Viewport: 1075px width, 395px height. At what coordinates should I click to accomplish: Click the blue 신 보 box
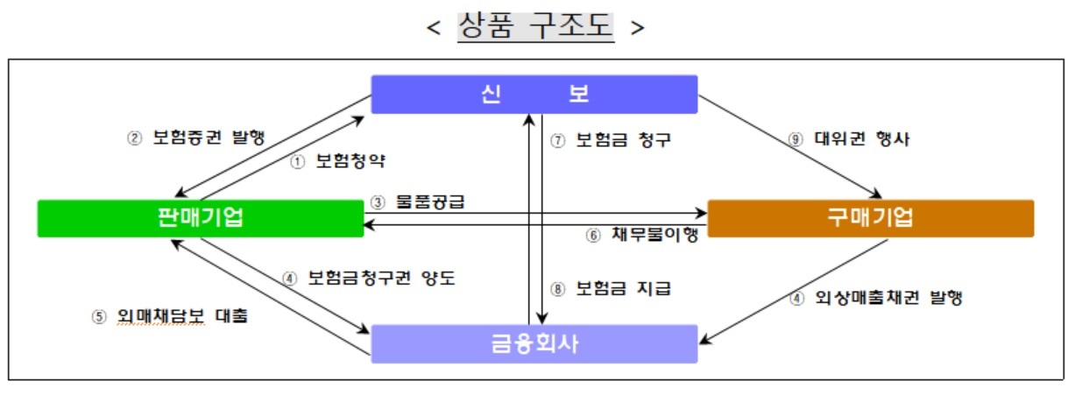[x=534, y=94]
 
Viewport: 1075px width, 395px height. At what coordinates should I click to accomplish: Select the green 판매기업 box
[x=201, y=218]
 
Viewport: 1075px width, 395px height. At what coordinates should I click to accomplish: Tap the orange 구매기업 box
[x=871, y=218]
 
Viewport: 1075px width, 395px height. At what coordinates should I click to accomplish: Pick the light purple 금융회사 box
[x=534, y=343]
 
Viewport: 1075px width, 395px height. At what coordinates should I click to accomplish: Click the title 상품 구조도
[x=535, y=26]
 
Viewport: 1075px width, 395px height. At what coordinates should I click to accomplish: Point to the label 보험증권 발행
[x=209, y=138]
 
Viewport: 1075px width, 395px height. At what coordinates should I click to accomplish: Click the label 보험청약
[x=350, y=161]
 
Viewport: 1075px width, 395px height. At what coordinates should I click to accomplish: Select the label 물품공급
[x=430, y=201]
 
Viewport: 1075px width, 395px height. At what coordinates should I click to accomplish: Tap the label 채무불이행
[x=654, y=234]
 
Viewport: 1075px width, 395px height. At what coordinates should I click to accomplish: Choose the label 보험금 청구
[x=623, y=140]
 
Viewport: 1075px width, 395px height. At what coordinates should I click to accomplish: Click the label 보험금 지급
[x=623, y=288]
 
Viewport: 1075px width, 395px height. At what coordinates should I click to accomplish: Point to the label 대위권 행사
[x=862, y=138]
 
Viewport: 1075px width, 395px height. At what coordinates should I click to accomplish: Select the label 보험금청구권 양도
[x=381, y=278]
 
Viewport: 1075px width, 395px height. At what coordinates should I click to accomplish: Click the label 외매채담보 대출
[x=182, y=316]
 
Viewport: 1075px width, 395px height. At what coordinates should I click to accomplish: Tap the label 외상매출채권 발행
[x=888, y=298]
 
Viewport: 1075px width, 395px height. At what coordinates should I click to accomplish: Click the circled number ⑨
[x=796, y=139]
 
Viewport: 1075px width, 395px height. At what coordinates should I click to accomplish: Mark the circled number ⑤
[x=99, y=317]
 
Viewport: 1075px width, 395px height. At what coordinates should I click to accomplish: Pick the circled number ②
[x=134, y=138]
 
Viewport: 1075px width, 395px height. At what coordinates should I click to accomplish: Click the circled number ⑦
[x=558, y=141]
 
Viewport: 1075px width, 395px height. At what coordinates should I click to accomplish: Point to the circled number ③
[x=378, y=202]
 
